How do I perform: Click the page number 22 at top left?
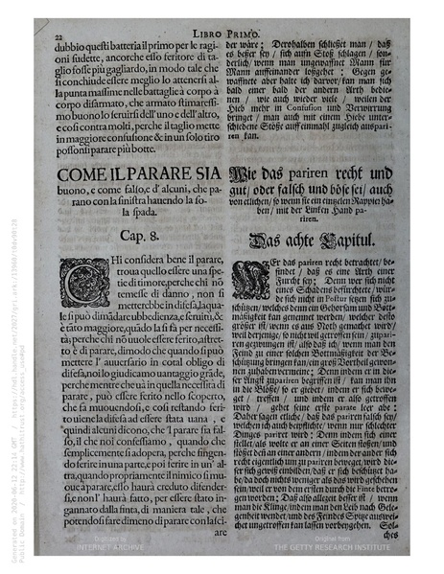click(x=46, y=32)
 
